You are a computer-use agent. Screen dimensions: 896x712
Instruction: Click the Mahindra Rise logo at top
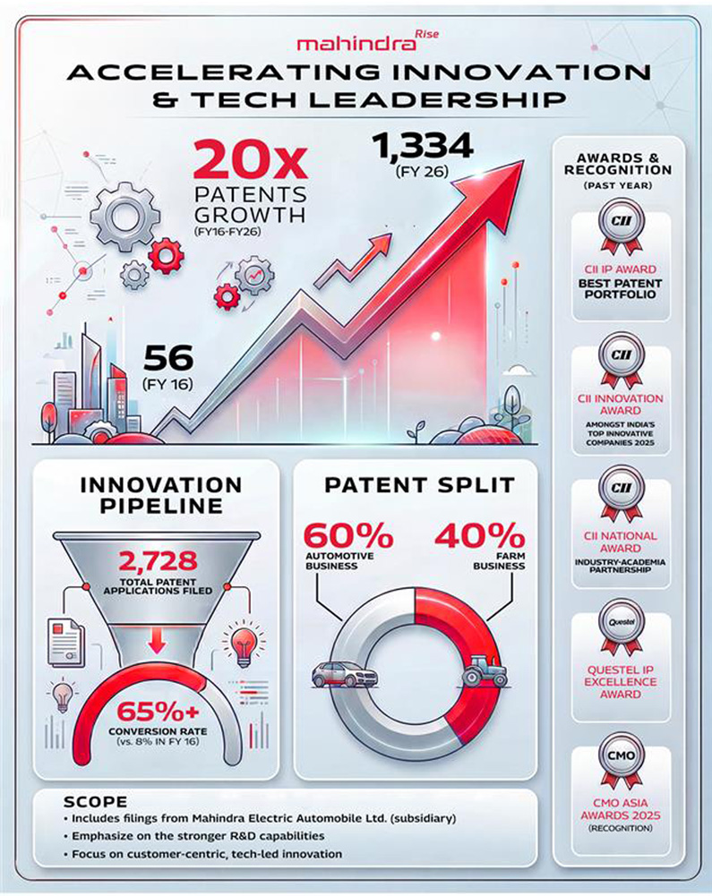(356, 42)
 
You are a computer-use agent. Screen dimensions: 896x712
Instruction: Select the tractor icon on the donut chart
(486, 672)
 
